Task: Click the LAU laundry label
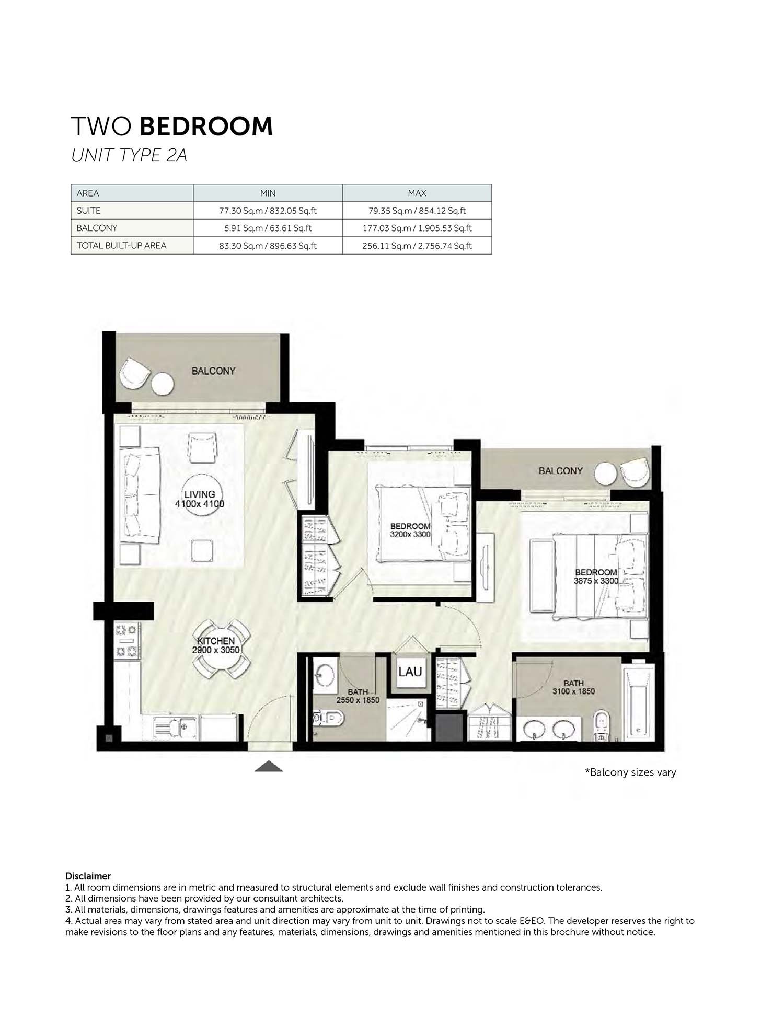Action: (410, 671)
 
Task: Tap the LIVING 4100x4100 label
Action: (199, 499)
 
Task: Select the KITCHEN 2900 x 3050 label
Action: (215, 645)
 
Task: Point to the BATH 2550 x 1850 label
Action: (358, 696)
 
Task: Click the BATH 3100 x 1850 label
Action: (573, 687)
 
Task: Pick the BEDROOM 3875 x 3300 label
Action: (596, 576)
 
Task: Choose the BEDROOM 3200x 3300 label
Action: (410, 530)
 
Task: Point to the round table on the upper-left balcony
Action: (163, 384)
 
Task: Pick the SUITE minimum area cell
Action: (268, 211)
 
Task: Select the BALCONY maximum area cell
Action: (417, 228)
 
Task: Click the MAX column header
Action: (417, 193)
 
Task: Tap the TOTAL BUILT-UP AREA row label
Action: (121, 245)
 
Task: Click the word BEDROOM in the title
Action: (206, 126)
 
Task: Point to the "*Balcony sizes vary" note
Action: (630, 772)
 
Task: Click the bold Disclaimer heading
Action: (88, 876)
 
